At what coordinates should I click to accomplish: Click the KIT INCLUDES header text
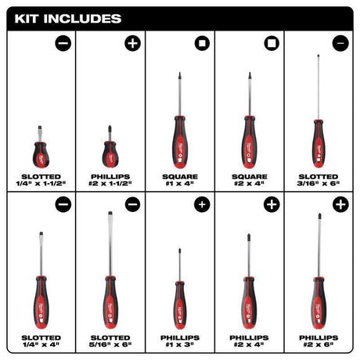(65, 16)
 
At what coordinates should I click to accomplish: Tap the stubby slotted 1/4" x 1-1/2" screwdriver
(38, 149)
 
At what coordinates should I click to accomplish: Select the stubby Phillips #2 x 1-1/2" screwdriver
(109, 149)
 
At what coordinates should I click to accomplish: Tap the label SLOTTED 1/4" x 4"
(38, 341)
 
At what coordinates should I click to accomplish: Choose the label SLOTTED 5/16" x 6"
(109, 341)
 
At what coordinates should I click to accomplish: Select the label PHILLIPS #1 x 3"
(179, 341)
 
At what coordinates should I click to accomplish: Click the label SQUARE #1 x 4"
(179, 182)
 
